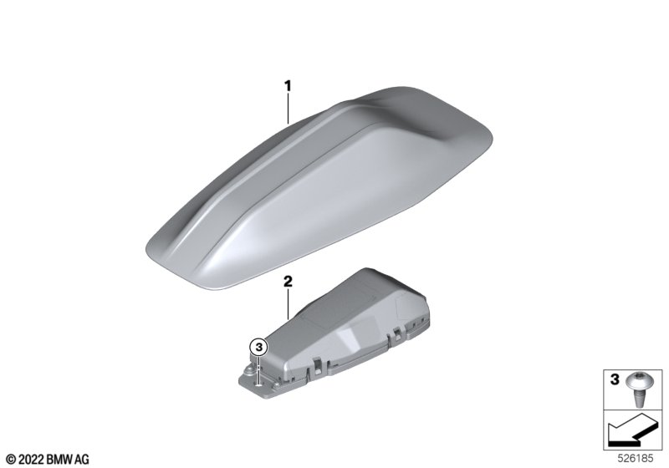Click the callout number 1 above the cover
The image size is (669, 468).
(x=288, y=86)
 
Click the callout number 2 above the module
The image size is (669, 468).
(x=288, y=282)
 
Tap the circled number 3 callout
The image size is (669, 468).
(x=258, y=348)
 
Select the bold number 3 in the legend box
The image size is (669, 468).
(x=615, y=379)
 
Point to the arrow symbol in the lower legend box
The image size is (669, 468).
(x=633, y=430)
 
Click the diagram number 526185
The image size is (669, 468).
(x=636, y=459)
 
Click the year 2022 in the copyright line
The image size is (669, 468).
(x=31, y=460)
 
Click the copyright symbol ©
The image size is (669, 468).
(x=12, y=460)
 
